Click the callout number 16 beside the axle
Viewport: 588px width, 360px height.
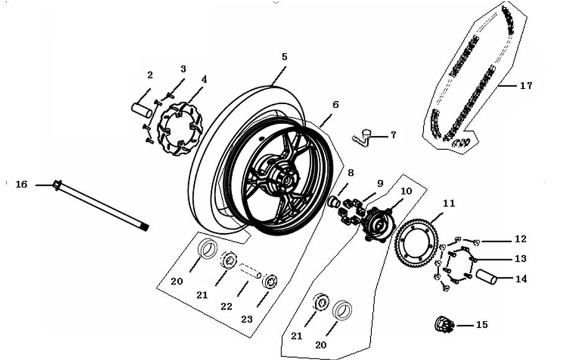click(22, 184)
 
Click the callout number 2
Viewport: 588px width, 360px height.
click(149, 75)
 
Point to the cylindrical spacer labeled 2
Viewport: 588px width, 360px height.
click(141, 110)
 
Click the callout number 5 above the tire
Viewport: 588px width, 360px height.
click(284, 56)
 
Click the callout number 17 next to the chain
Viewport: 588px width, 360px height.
click(526, 86)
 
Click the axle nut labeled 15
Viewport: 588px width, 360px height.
click(444, 323)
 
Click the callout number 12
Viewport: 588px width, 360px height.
click(520, 239)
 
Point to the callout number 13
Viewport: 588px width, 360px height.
click(520, 258)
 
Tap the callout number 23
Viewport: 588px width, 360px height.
click(247, 319)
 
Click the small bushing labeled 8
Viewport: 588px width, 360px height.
click(333, 202)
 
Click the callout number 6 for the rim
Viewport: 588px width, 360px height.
click(336, 104)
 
